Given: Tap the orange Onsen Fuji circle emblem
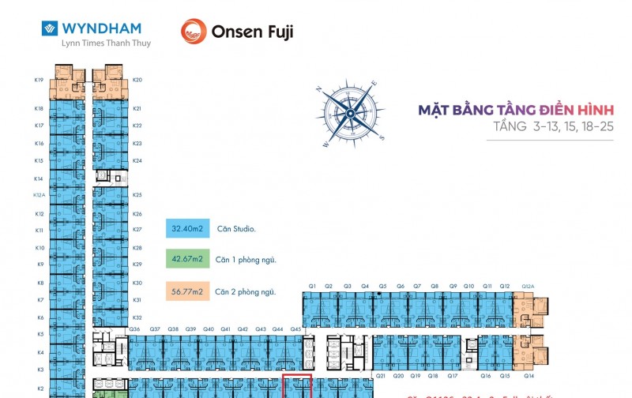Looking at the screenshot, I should [194, 32].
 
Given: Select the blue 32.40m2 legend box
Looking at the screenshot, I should [187, 229].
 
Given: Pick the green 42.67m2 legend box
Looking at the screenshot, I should [187, 259].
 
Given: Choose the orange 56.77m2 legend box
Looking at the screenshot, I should [187, 291].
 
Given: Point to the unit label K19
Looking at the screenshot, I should [39, 80].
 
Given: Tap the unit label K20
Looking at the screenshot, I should [137, 80].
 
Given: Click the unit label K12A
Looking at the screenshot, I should [39, 195].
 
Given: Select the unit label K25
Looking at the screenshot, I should [137, 195].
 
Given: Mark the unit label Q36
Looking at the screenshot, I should [134, 329].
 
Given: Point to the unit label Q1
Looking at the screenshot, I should [312, 286].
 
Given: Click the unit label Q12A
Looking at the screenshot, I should [528, 286].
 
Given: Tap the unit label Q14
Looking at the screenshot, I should [528, 377].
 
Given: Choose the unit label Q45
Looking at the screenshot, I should [295, 329].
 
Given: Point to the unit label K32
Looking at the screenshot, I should [137, 317].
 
